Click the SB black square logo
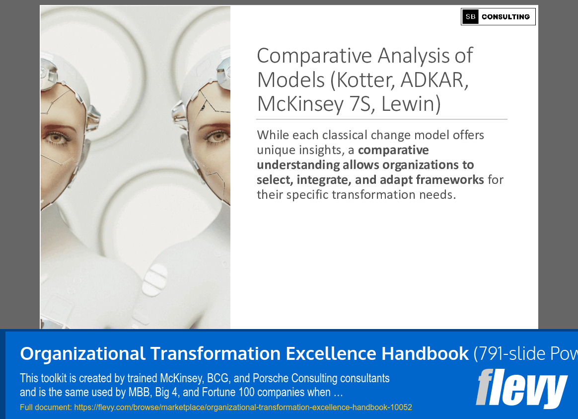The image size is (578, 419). point(470,16)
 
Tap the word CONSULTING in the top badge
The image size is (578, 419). point(506,16)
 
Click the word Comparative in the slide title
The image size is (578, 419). point(314,57)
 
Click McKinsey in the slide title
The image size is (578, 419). point(300,104)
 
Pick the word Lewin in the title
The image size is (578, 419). point(411,104)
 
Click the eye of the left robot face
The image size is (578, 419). point(57,138)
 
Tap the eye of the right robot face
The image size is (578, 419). point(217,137)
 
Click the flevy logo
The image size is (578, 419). point(521,388)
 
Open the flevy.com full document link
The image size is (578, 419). point(243,407)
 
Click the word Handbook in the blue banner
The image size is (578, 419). point(425,353)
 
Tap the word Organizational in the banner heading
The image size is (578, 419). point(82,354)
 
